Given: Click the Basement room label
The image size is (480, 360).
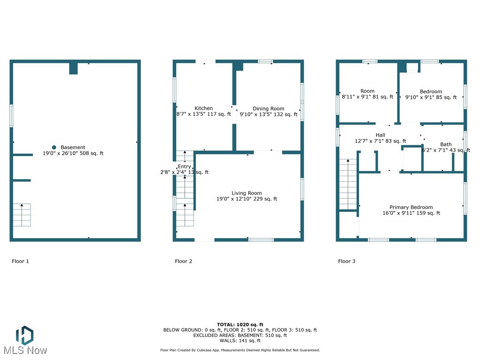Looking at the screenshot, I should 73,147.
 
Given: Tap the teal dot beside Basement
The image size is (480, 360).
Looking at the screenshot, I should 54,147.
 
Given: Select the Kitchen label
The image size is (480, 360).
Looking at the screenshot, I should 203,108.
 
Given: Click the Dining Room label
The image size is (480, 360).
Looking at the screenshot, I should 268,108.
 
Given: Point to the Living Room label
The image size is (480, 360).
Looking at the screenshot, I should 247,193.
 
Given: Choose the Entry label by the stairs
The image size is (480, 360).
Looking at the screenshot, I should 184,166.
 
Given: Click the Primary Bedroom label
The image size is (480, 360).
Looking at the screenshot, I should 411,207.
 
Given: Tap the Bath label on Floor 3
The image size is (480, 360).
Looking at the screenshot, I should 446,144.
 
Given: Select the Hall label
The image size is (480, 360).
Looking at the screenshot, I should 380,135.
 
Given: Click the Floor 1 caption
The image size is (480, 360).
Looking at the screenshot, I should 20,261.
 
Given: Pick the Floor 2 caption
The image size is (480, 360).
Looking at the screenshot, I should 183,261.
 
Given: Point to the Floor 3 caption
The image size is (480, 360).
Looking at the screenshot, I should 346,261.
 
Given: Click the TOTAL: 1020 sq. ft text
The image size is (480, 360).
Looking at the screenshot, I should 240,324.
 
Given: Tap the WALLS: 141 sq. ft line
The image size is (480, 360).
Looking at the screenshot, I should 240,341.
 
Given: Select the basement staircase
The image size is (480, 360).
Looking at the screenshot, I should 22,215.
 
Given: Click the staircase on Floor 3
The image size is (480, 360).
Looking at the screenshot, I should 348,184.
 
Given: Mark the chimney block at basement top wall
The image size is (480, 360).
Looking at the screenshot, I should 73,68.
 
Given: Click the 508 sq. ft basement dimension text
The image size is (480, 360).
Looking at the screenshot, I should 73,153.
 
